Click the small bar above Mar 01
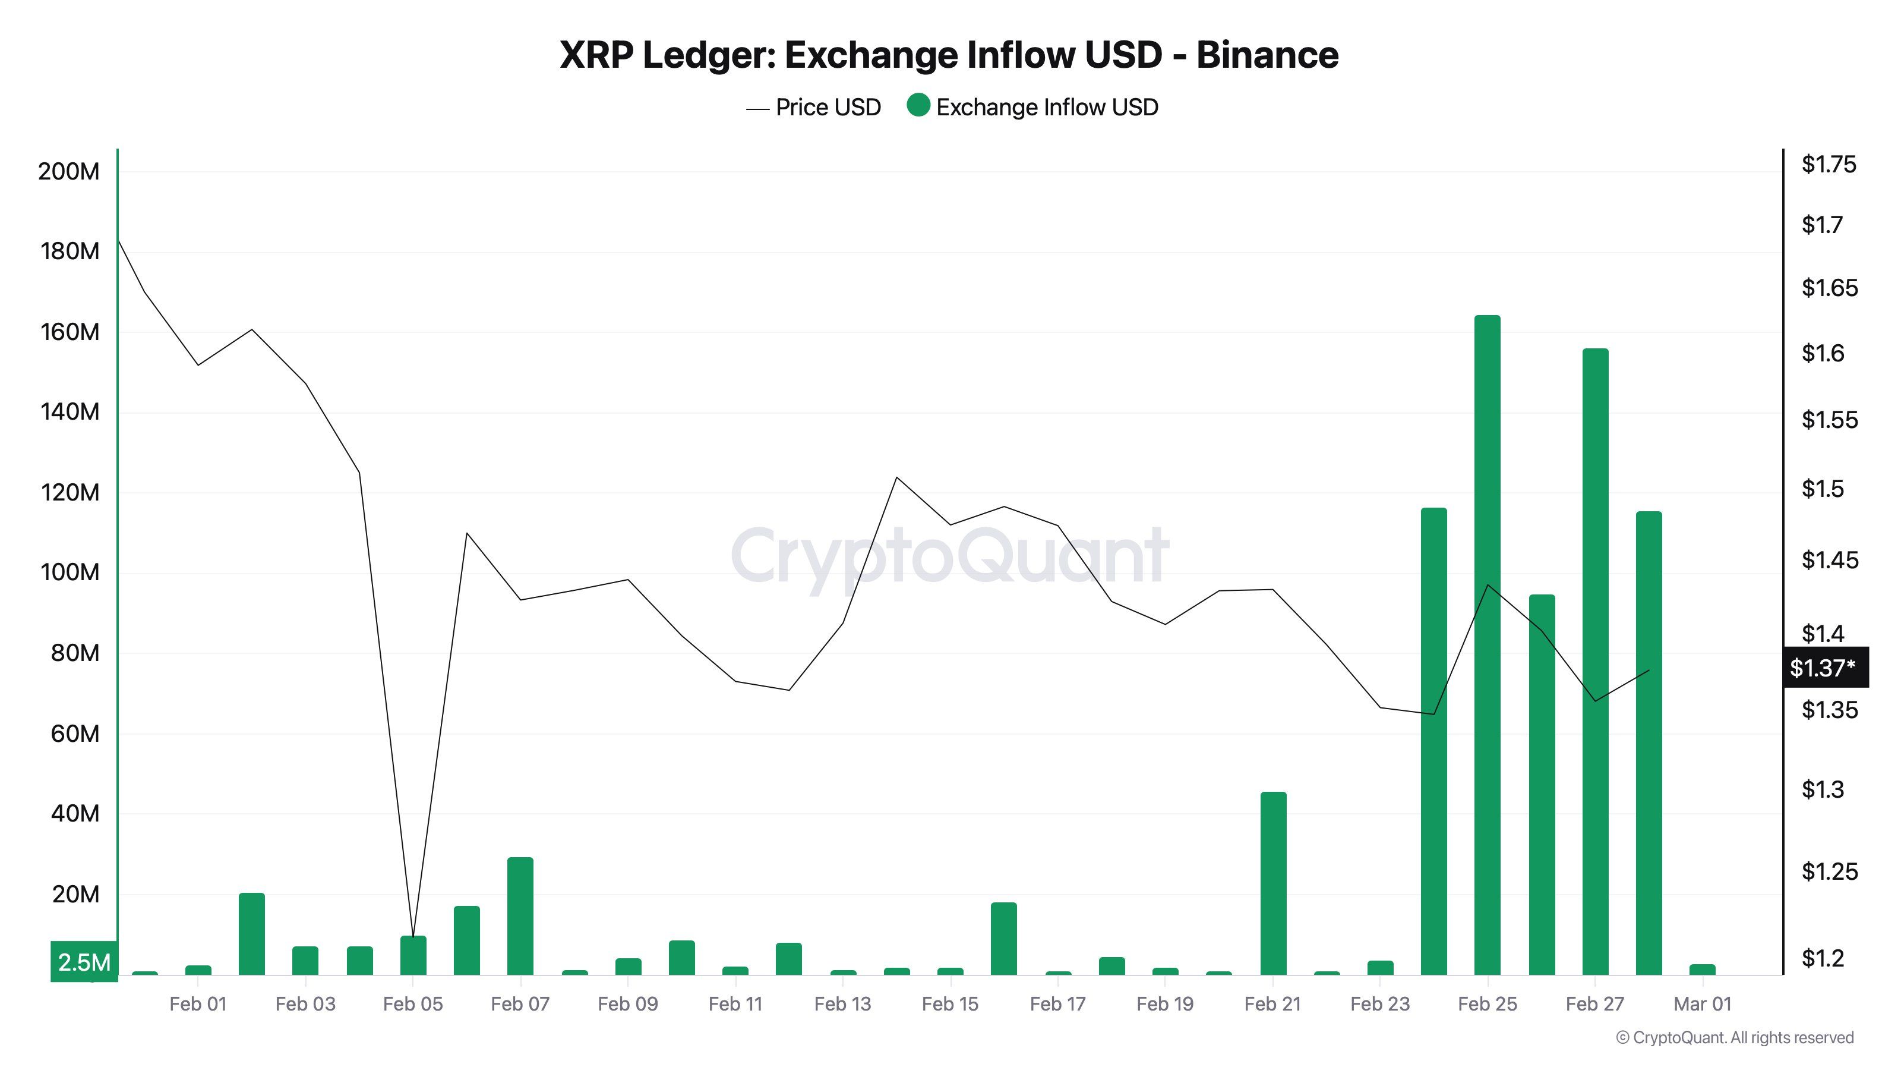coord(1703,969)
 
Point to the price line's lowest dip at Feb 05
coord(413,936)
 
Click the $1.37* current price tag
coord(1824,668)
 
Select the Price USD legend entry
coord(813,108)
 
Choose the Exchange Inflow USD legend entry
coord(1033,108)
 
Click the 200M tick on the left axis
coord(69,171)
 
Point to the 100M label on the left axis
coord(69,572)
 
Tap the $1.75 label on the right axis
coord(1828,164)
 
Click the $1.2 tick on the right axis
coord(1822,958)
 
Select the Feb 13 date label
coord(842,1003)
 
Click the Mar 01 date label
coord(1702,1003)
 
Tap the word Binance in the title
coord(1267,55)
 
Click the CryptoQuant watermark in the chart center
coord(950,555)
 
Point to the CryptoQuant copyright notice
coord(1734,1037)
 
